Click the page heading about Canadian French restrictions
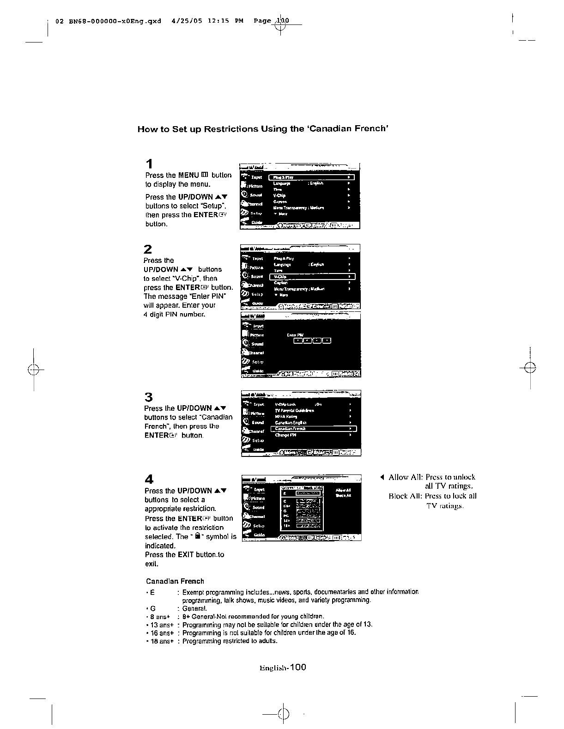pos(262,129)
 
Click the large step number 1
pos(149,164)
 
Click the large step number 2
pos(148,249)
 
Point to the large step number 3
pos(148,397)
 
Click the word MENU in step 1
pos(188,176)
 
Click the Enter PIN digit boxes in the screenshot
pos(313,341)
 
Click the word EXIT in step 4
pos(185,555)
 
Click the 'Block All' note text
pos(432,496)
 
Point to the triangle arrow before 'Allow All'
pos(382,477)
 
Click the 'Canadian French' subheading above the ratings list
pos(175,581)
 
